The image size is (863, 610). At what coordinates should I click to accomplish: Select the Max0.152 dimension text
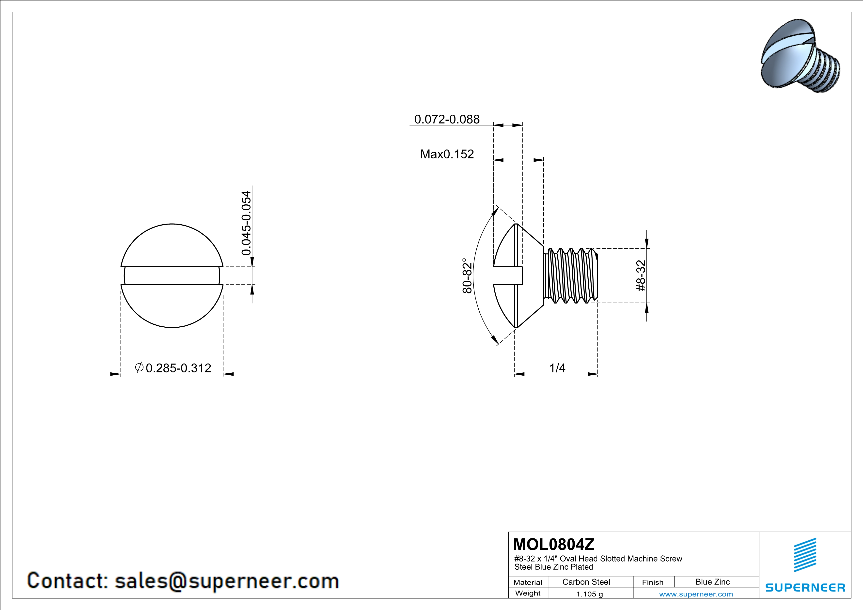pos(447,154)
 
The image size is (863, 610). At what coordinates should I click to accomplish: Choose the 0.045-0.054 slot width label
pos(246,223)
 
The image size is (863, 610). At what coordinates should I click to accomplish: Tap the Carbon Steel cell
pos(586,582)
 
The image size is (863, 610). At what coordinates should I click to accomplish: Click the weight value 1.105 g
pos(589,594)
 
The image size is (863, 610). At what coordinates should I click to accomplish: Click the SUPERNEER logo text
pos(805,587)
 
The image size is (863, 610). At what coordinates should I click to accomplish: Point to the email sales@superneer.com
pos(227,581)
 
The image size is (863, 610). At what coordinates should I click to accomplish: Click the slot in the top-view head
pos(172,276)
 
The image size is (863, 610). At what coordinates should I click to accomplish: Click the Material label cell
pos(528,582)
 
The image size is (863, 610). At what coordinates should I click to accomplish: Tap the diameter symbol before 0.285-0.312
pos(139,367)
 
